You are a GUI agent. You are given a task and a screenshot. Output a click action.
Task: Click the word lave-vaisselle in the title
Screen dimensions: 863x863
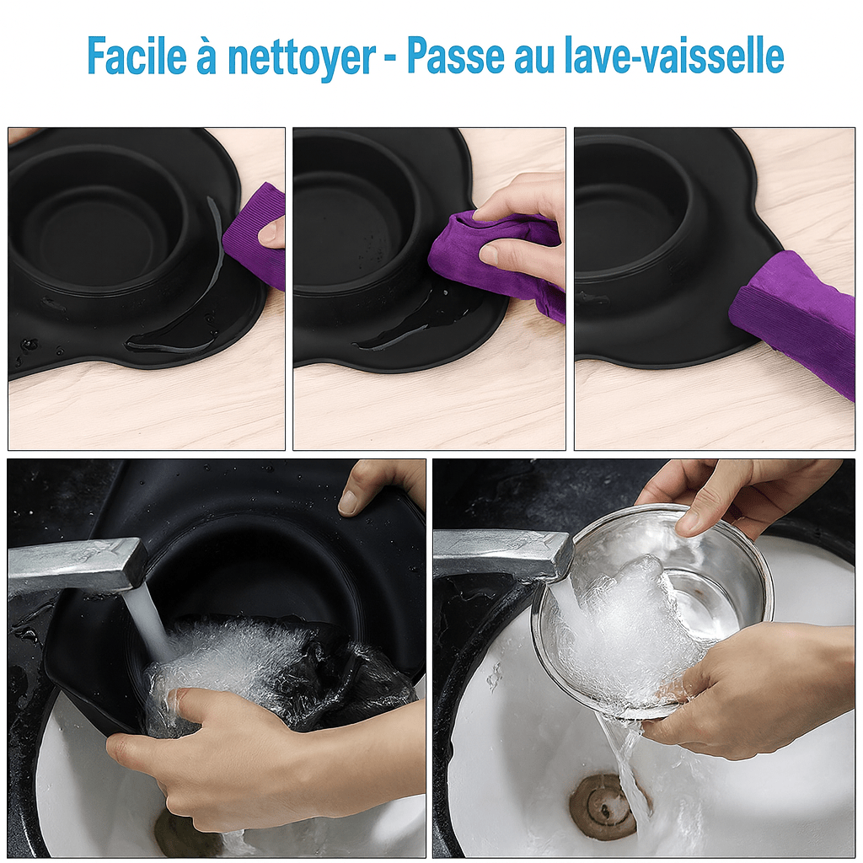674,56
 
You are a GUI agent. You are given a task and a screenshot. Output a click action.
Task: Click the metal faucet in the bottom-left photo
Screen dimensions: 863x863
77,567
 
